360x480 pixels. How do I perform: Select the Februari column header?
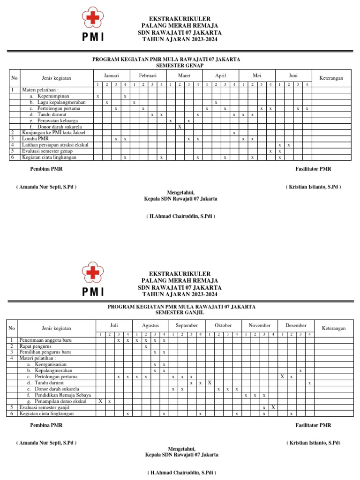click(148, 75)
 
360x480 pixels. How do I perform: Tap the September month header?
click(187, 325)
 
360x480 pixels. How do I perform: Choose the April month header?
click(220, 75)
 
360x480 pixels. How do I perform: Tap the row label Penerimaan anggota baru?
click(49, 340)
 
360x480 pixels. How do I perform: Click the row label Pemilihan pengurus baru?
click(45, 352)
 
